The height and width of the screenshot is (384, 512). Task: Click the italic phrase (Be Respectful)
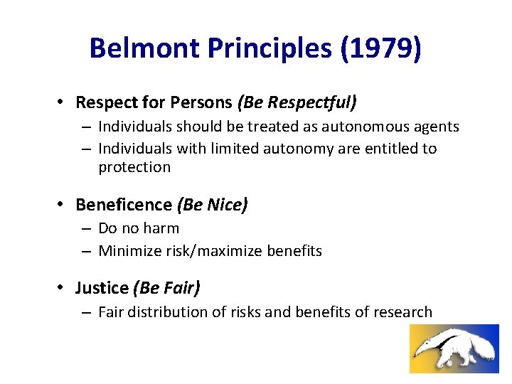(298, 103)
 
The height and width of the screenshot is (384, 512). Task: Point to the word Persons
(202, 103)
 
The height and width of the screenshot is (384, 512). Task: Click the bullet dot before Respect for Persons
(63, 103)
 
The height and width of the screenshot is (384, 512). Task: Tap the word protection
(134, 167)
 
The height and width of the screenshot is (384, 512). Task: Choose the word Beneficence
(124, 206)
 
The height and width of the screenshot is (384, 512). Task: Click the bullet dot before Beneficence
(63, 206)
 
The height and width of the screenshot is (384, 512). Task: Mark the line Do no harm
(139, 228)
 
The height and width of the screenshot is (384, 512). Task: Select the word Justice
(102, 288)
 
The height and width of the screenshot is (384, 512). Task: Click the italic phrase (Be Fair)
(166, 288)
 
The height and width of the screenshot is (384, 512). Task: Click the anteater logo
(454, 348)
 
